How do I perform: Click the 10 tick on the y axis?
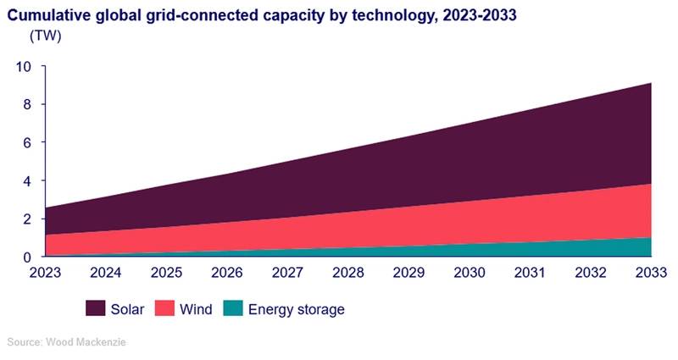click(x=25, y=67)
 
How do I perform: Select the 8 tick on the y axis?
click(x=28, y=105)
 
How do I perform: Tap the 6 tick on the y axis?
click(x=28, y=143)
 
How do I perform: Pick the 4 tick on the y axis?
click(x=28, y=181)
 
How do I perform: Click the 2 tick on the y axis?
click(x=28, y=219)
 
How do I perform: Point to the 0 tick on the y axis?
click(x=28, y=257)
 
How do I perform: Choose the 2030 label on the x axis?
click(x=469, y=273)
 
